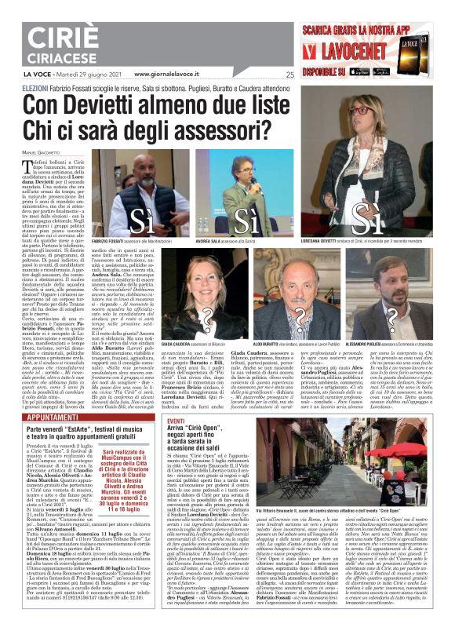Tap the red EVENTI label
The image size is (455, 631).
tap(155, 421)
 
